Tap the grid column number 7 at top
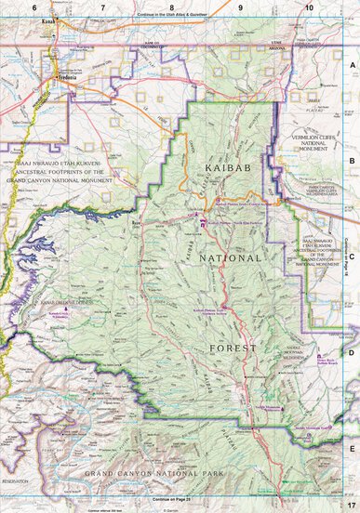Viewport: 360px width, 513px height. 102,7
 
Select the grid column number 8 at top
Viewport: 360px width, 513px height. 171,7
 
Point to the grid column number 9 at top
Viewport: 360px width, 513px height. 240,7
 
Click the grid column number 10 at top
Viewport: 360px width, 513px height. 308,7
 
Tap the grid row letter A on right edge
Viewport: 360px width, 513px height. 353,66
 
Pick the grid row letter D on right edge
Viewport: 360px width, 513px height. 353,353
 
